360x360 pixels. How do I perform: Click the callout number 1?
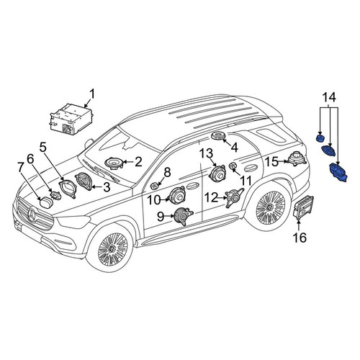pos(92,94)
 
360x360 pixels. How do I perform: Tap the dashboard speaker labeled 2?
pos(114,163)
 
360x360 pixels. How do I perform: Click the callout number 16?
pos(300,238)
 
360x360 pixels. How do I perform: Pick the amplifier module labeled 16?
pos(304,207)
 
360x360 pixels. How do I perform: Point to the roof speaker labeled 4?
pos(218,135)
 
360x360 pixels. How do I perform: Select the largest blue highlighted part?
pos(338,172)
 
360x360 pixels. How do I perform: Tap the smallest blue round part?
pos(320,138)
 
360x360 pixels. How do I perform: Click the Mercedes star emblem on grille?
pos(32,215)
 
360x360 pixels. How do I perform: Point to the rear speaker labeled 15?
pos(297,158)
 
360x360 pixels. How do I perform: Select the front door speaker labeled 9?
pos(183,216)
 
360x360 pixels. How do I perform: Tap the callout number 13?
pos(207,153)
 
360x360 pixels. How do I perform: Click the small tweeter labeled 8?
pos(154,186)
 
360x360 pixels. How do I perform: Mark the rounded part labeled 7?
pos(45,202)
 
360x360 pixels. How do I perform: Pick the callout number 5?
pos(42,147)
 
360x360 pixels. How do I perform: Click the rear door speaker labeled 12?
pos(233,197)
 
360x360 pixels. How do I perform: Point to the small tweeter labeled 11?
pos(233,166)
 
